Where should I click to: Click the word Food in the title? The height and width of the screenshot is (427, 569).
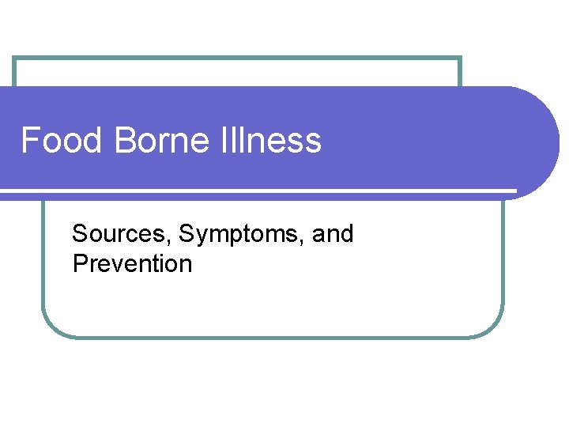pos(62,141)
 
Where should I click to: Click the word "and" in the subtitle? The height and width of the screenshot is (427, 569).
pos(333,234)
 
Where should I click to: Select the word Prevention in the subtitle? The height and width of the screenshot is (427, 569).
pos(132,263)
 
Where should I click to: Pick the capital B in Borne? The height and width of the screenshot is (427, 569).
pos(124,141)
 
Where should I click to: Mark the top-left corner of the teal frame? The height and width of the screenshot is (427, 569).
pos(14,58)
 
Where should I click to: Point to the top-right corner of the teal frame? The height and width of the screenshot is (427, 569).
pos(460,58)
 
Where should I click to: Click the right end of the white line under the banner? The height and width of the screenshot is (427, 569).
pos(514,191)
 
